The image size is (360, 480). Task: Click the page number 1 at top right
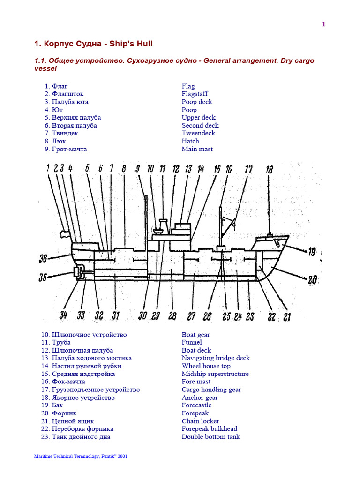pos(323,24)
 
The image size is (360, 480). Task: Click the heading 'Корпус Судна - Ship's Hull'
pos(94,44)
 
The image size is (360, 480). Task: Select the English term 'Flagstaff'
pos(195,94)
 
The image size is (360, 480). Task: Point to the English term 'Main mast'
pos(197,149)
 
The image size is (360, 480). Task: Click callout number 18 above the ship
pos(269,170)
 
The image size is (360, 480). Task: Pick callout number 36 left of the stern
pos(44,258)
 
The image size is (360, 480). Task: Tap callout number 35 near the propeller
pos(43,277)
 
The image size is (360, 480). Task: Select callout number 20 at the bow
pos(313,280)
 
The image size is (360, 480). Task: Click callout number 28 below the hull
pos(172,316)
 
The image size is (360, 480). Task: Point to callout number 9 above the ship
pos(138,169)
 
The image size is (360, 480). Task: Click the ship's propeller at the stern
pos(76,272)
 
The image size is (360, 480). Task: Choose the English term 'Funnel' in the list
pos(192,343)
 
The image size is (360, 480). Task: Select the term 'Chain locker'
pos(200,421)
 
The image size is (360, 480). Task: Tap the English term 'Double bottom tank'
pos(210,437)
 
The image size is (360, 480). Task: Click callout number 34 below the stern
pos(63,316)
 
